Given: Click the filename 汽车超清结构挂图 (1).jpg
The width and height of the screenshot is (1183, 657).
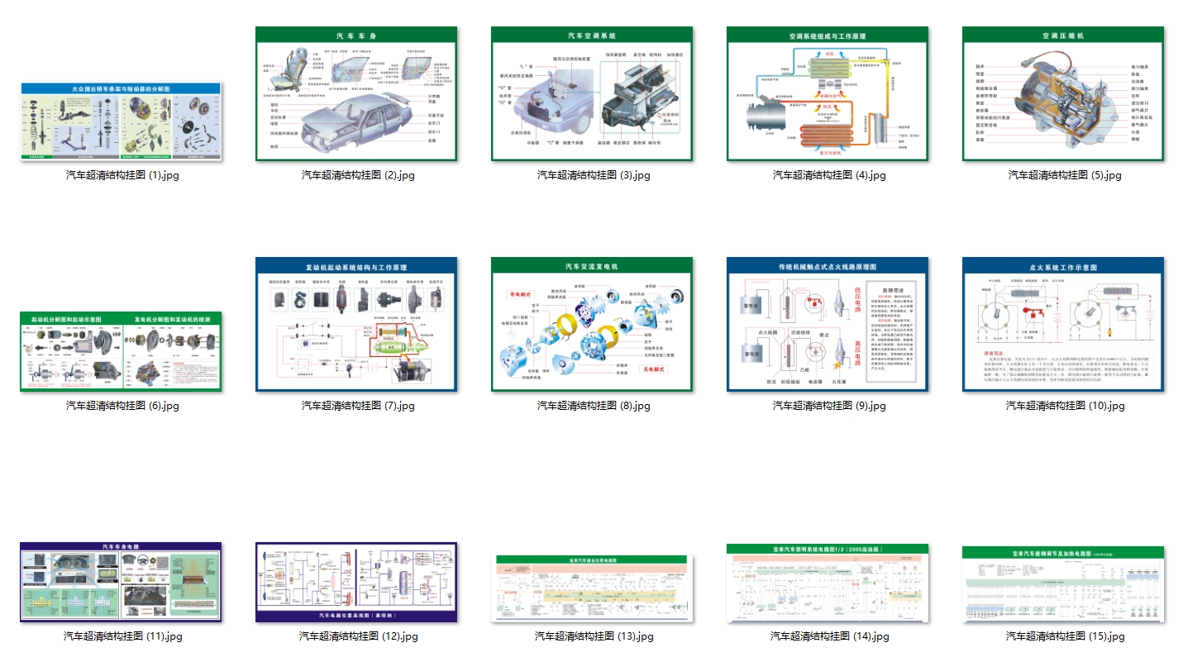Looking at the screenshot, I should (x=122, y=175).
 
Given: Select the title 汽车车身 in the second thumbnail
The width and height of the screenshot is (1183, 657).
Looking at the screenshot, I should (x=356, y=36).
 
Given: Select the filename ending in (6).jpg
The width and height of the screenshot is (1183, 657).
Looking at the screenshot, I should (x=122, y=406).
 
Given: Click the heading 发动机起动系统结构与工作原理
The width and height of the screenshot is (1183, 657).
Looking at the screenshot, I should (x=356, y=268).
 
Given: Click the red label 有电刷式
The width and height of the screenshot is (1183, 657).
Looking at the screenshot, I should (x=522, y=293).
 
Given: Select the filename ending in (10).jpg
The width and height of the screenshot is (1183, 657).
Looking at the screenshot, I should (x=1065, y=406).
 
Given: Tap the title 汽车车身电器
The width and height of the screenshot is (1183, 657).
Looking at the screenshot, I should (x=121, y=547).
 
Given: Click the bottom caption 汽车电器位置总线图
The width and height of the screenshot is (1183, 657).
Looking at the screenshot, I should (x=356, y=616).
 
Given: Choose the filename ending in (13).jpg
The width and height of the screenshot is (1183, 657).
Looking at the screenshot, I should (x=594, y=636).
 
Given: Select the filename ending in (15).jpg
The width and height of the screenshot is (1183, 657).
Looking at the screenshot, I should (x=1065, y=636).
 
